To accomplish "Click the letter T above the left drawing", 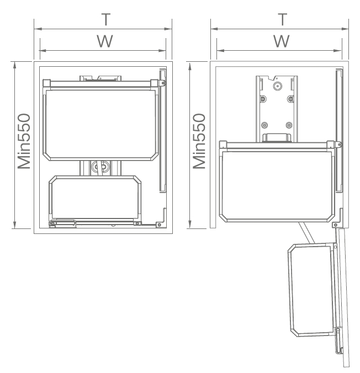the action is click(106, 19).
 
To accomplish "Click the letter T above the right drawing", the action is click(282, 19).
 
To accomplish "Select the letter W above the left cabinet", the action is click(105, 41).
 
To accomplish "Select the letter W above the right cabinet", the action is click(282, 41).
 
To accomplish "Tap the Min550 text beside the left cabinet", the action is click(24, 141).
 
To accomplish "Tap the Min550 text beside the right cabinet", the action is click(199, 141).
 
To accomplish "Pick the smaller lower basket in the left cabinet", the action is click(95, 198).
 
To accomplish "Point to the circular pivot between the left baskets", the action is click(100, 167).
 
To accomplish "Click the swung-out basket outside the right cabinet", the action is click(312, 290).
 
